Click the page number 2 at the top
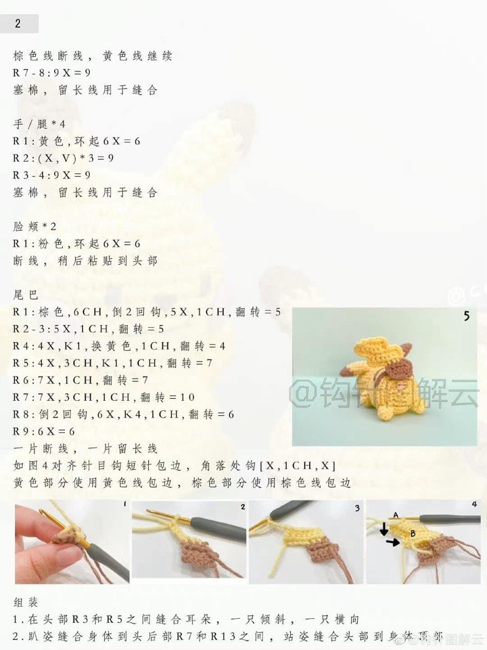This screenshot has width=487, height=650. pos(18,24)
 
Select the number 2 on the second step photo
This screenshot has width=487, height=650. pos(242,506)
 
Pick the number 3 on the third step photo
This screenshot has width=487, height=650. pos(356,506)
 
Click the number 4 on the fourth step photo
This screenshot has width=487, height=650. pos(474,504)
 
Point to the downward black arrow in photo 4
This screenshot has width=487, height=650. pos(384,529)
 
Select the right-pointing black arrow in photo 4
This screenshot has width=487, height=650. pos(399,542)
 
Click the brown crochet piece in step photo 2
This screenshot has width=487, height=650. pos(203,555)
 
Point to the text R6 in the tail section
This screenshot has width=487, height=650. pos(21,380)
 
